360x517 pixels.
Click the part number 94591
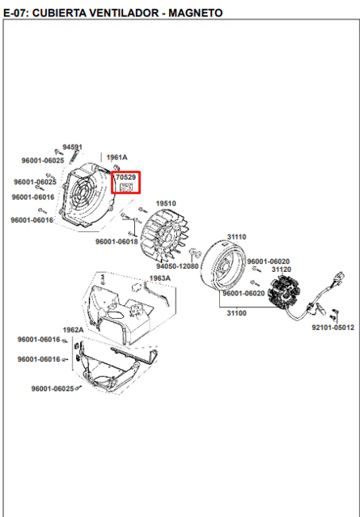(73, 147)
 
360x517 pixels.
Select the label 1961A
(116, 157)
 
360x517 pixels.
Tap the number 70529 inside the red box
(126, 177)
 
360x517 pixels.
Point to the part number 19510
(166, 203)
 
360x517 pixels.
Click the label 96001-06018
(116, 242)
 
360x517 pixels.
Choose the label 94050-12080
(177, 266)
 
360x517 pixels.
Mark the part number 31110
(237, 237)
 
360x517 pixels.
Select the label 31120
(282, 269)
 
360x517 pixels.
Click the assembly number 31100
(237, 313)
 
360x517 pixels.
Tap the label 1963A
(160, 278)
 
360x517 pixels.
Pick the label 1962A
(73, 330)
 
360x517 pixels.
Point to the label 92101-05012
(333, 328)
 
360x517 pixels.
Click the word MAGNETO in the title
(196, 13)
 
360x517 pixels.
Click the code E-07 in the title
(16, 13)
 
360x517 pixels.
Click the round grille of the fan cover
(84, 193)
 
